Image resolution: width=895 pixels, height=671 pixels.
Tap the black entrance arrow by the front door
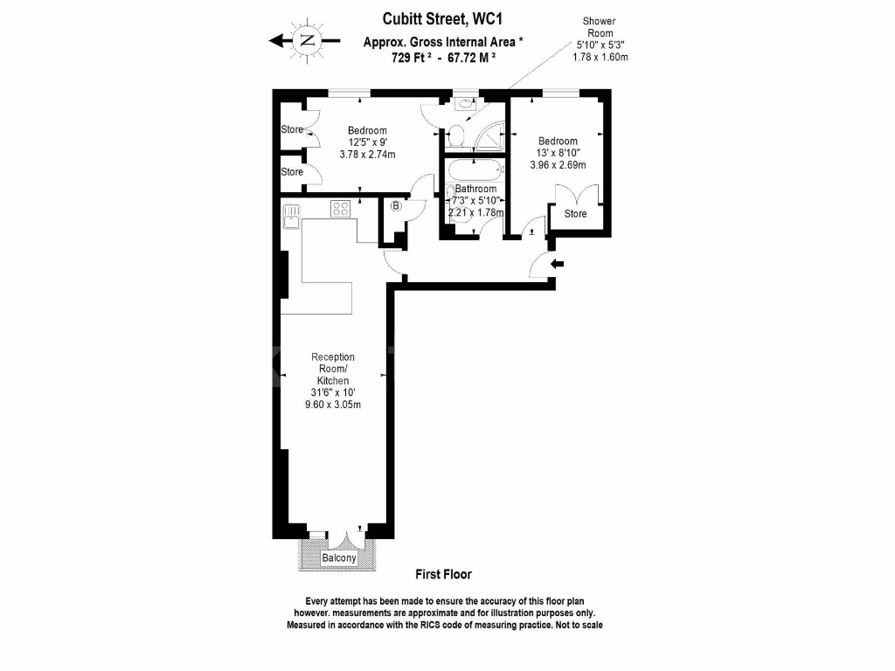[x=559, y=263]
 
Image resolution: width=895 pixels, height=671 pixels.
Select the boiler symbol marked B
[x=396, y=206]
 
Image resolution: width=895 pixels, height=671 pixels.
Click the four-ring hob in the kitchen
[x=340, y=209]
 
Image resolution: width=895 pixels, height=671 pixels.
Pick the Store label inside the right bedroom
[x=575, y=214]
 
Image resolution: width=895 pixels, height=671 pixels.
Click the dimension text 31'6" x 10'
[x=333, y=392]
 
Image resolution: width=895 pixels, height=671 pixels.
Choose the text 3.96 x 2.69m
[x=558, y=165]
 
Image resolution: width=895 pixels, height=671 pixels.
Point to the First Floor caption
[x=443, y=574]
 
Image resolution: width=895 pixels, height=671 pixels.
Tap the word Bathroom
[x=475, y=189]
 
